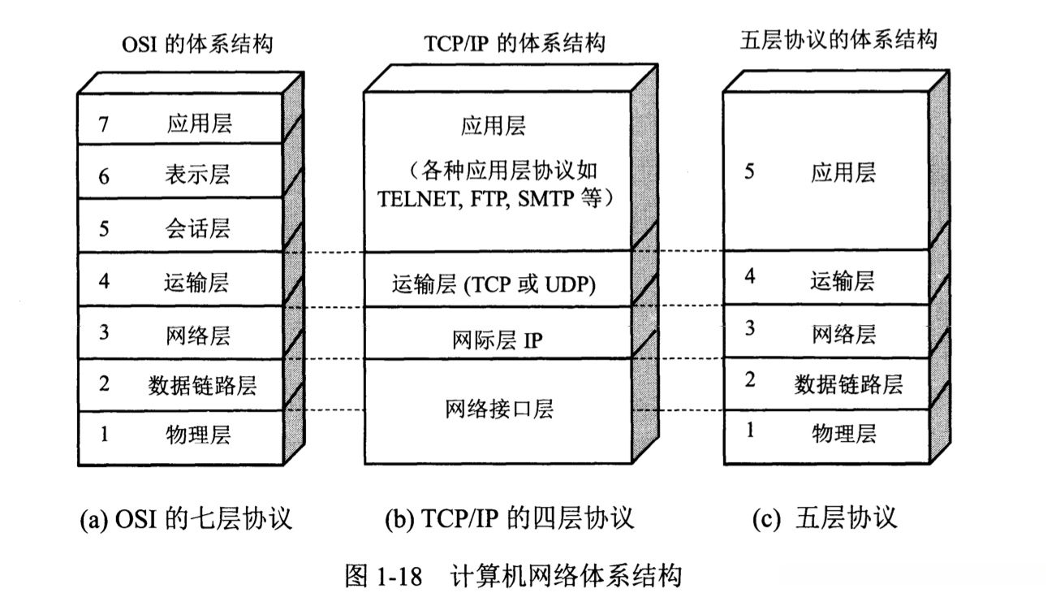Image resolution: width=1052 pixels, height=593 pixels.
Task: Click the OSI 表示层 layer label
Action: (x=198, y=175)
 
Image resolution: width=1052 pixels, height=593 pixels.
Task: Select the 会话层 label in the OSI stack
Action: (x=198, y=228)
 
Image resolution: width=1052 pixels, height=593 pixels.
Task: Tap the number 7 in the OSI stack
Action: (x=103, y=123)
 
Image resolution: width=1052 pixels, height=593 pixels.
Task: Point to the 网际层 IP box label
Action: (x=498, y=341)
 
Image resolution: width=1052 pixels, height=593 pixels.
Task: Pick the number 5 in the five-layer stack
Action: (x=749, y=172)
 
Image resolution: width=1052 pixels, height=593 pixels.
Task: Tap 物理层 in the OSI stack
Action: (x=198, y=434)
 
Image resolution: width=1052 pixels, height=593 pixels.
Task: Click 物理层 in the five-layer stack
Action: (x=844, y=433)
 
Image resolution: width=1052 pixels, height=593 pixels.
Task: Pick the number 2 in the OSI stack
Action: (x=103, y=383)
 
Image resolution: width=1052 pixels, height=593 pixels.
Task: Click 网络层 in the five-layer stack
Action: (x=844, y=334)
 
